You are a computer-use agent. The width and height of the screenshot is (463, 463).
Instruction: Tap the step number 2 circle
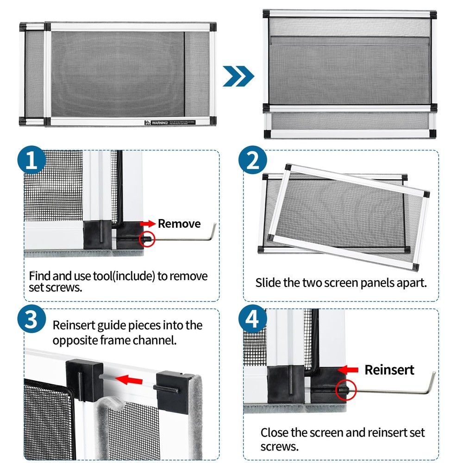point(253,161)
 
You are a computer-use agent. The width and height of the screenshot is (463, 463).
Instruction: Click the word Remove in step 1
point(179,224)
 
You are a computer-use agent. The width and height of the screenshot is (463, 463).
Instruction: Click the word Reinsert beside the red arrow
point(389,369)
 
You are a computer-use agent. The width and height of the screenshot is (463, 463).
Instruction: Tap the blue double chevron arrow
point(238,76)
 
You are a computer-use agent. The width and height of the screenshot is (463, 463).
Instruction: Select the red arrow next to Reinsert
point(350,369)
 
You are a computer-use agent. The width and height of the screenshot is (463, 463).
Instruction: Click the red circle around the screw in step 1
point(148,240)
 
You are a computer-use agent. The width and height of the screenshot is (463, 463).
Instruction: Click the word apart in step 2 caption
point(411,283)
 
